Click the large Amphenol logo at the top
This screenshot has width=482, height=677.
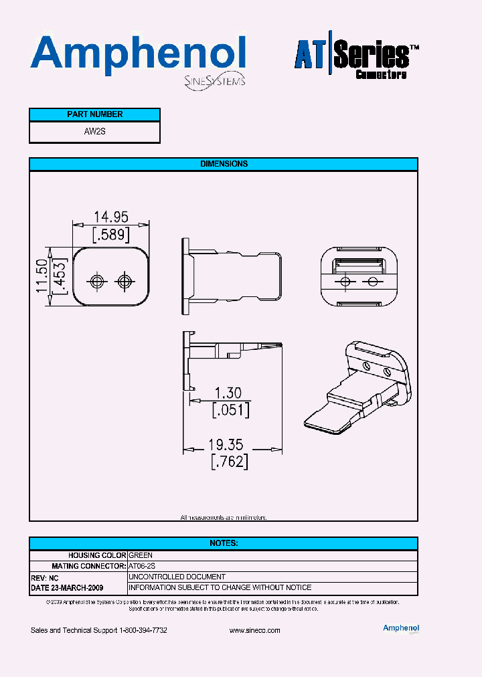[137, 54]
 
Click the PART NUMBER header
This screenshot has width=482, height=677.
[94, 114]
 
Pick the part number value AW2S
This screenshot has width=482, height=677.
[94, 132]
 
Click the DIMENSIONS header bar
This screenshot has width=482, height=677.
[224, 164]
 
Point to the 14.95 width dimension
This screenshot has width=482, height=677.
[110, 217]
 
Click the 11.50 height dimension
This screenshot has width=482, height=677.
[42, 276]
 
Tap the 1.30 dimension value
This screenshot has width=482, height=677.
[228, 393]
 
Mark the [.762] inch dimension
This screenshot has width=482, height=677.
[229, 462]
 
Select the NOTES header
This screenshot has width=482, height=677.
[224, 543]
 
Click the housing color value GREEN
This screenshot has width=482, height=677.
[141, 555]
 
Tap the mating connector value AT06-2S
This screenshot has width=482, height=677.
[142, 566]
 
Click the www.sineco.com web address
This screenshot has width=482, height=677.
[254, 631]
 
